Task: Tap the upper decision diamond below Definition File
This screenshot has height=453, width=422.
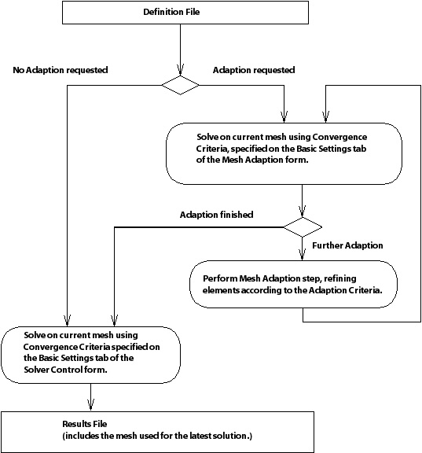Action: coord(180,85)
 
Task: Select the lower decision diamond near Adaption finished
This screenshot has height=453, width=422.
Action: coord(302,227)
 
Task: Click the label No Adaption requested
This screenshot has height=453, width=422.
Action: coord(61,70)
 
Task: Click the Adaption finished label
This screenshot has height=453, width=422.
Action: coord(216,214)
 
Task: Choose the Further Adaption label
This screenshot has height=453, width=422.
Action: coord(347,245)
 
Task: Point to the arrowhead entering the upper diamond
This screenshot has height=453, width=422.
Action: coord(180,73)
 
